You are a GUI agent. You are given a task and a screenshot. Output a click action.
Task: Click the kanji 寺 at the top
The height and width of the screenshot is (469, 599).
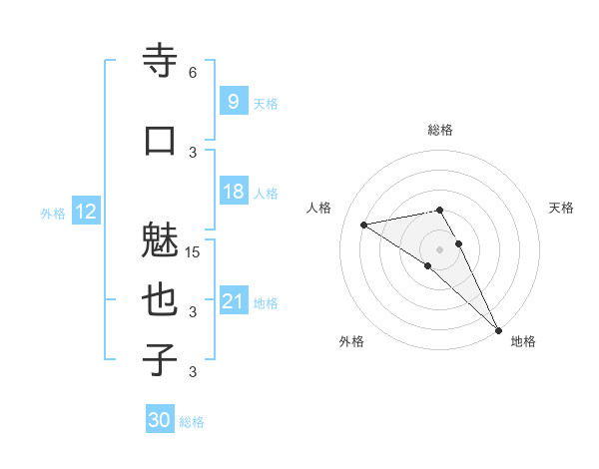pyautogui.click(x=160, y=61)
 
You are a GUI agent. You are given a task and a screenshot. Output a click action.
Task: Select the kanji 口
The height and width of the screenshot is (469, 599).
pyautogui.click(x=160, y=140)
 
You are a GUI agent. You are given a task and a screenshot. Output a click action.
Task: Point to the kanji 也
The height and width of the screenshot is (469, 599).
pyautogui.click(x=160, y=300)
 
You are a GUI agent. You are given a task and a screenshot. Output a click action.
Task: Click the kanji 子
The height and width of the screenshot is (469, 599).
pyautogui.click(x=160, y=359)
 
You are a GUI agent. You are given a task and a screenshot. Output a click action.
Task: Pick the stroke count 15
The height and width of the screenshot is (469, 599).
pyautogui.click(x=194, y=251)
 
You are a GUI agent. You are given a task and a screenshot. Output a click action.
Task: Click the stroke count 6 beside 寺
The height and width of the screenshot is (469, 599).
pyautogui.click(x=193, y=72)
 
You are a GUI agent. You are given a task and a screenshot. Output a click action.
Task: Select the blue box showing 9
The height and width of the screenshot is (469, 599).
pyautogui.click(x=233, y=101)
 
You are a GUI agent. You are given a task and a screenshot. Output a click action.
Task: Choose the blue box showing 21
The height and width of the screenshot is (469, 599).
pyautogui.click(x=233, y=300)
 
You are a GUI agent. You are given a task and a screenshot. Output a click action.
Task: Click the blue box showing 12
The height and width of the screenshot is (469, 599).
pyautogui.click(x=85, y=212)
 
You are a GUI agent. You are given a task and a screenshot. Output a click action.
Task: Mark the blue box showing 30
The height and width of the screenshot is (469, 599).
pyautogui.click(x=160, y=420)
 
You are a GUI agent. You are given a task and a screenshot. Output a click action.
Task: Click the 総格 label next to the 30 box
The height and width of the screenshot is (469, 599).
pyautogui.click(x=192, y=422)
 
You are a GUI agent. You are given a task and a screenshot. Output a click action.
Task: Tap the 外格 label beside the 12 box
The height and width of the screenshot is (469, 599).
pyautogui.click(x=53, y=214)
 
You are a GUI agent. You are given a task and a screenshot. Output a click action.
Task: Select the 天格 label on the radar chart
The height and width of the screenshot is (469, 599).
pyautogui.click(x=562, y=208)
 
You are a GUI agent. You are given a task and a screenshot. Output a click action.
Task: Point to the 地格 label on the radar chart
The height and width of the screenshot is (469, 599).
pyautogui.click(x=523, y=341)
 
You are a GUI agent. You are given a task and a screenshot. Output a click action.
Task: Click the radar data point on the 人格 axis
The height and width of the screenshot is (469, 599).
pyautogui.click(x=364, y=225)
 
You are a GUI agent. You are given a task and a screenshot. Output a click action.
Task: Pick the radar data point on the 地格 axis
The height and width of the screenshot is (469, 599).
pyautogui.click(x=499, y=330)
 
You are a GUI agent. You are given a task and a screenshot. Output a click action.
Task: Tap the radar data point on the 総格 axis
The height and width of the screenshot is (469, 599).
pyautogui.click(x=439, y=210)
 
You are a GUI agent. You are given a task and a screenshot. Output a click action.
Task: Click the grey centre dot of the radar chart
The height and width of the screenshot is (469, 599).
pyautogui.click(x=439, y=248)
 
